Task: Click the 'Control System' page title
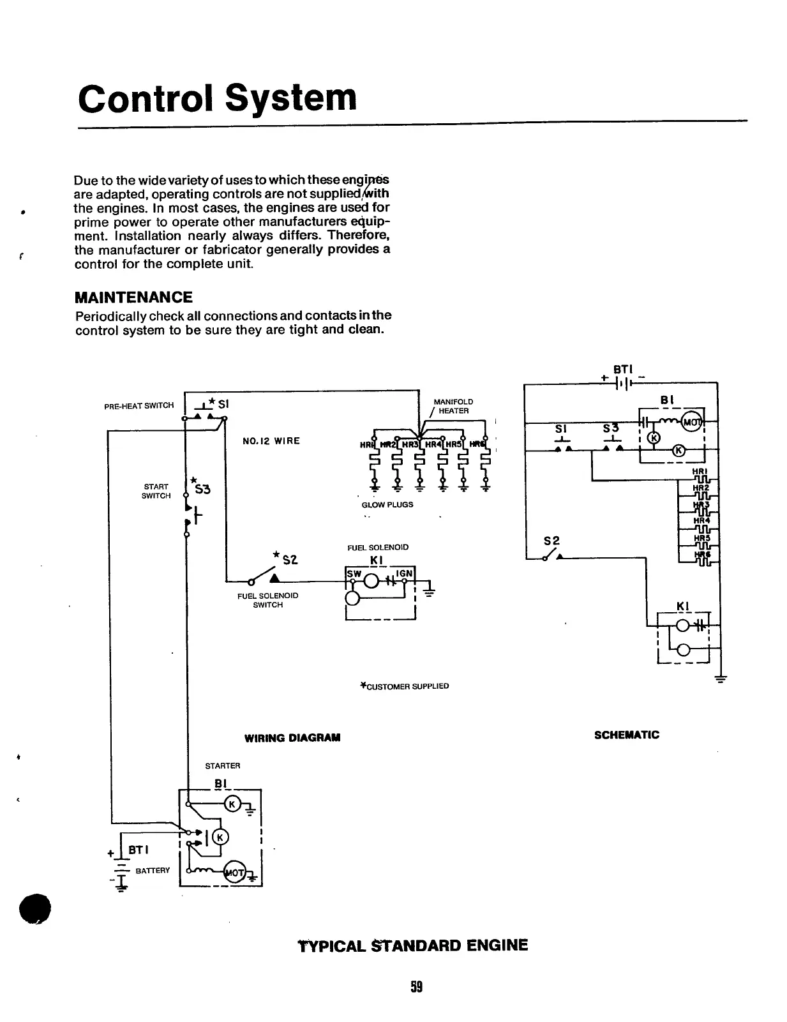[x=217, y=98]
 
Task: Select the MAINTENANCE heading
[x=133, y=297]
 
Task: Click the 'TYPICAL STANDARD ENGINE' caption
[x=413, y=945]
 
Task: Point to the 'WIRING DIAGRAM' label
[x=292, y=738]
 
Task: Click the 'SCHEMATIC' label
[x=627, y=735]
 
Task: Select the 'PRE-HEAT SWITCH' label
[x=139, y=405]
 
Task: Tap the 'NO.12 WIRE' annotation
[x=271, y=441]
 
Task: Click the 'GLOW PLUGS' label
[x=387, y=504]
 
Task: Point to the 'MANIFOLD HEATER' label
[x=454, y=406]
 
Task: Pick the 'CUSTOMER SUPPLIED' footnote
[x=405, y=686]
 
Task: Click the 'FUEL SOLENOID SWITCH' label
[x=267, y=600]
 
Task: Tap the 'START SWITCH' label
[x=156, y=491]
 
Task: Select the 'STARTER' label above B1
[x=222, y=765]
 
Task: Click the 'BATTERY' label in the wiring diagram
[x=153, y=871]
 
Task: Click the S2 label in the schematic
[x=551, y=541]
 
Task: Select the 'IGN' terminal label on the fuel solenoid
[x=404, y=574]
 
